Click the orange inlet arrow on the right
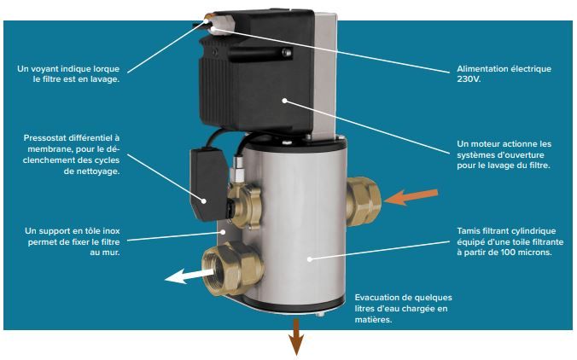408,198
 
